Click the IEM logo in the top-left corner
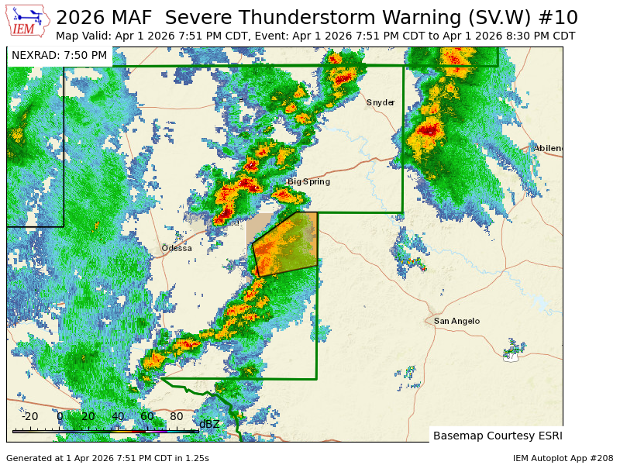27,21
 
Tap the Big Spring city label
308,181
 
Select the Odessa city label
177,248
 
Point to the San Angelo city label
456,321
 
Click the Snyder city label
381,102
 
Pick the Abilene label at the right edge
548,148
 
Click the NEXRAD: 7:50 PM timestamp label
60,56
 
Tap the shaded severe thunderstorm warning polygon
287,244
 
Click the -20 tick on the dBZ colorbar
29,416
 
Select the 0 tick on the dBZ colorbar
60,416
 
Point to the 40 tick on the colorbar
117,416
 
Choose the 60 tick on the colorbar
146,416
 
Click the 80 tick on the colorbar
176,416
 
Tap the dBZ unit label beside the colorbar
209,424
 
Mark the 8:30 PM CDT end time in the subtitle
530,36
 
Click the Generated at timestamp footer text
108,458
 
